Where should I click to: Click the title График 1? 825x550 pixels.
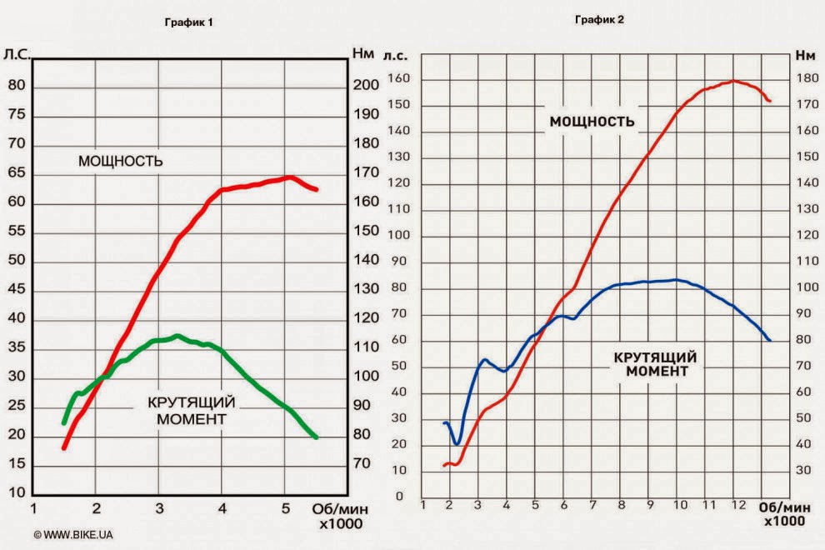(188, 22)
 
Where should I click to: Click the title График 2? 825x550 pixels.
(599, 19)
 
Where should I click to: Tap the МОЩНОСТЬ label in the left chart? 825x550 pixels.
(120, 161)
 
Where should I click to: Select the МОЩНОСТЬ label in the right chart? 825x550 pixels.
(592, 122)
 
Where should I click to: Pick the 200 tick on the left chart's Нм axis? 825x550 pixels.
(367, 86)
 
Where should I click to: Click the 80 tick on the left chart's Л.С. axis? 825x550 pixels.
(17, 86)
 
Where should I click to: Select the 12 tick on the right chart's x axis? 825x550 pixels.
(737, 505)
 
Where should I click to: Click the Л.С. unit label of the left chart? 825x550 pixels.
(17, 54)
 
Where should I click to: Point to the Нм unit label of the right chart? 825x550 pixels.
(805, 56)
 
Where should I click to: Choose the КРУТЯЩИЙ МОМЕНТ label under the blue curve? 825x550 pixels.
(655, 364)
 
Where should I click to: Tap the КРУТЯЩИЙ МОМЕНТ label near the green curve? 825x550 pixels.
(191, 411)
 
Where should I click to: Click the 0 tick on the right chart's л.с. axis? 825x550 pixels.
(400, 497)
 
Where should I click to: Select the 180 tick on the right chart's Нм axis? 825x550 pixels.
(805, 79)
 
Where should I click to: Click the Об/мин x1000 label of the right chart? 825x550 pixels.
(782, 512)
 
